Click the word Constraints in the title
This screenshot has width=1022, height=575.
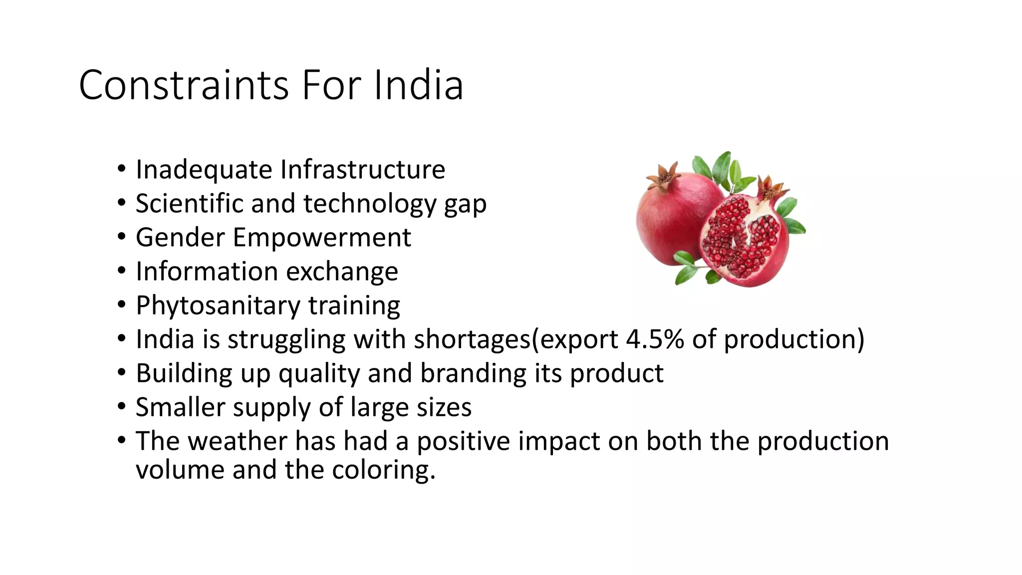pos(184,85)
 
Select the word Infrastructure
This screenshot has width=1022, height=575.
pos(363,169)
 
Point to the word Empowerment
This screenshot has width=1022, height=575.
pos(322,237)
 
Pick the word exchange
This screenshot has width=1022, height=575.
pos(342,272)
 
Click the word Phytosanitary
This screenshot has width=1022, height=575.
pos(218,305)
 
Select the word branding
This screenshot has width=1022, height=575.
pos(473,373)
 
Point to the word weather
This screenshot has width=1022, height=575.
pos(237,441)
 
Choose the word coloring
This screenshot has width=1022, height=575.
pos(383,470)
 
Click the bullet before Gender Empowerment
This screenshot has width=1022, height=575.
pos(122,237)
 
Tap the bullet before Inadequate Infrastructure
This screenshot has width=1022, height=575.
pos(122,169)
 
